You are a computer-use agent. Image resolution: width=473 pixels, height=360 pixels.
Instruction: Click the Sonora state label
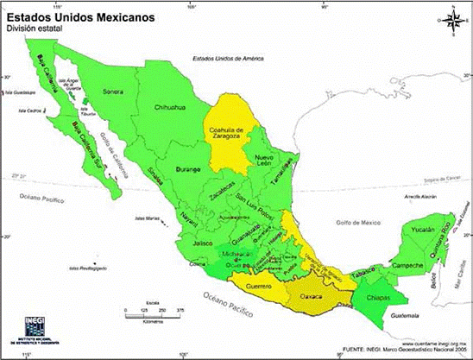(113, 91)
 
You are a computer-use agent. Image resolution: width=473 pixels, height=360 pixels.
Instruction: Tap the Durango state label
(187, 168)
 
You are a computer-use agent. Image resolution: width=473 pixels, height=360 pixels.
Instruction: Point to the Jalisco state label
(203, 243)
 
